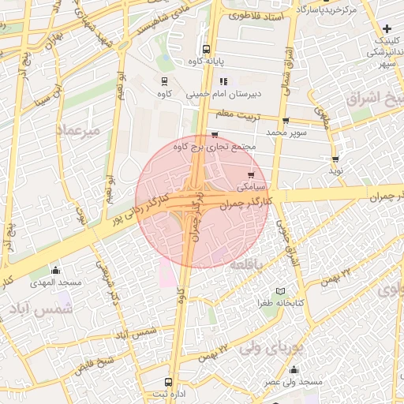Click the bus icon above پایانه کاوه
coord(206,49)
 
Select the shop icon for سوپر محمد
coord(286,122)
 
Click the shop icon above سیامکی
coord(251,175)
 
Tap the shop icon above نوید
coord(335,160)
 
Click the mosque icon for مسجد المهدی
coord(55,271)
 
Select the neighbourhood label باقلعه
coord(246,267)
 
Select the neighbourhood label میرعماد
coord(79,129)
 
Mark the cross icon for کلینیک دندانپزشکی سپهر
coord(387,28)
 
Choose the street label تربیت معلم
coord(234,115)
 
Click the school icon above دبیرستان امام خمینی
coord(224,80)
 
